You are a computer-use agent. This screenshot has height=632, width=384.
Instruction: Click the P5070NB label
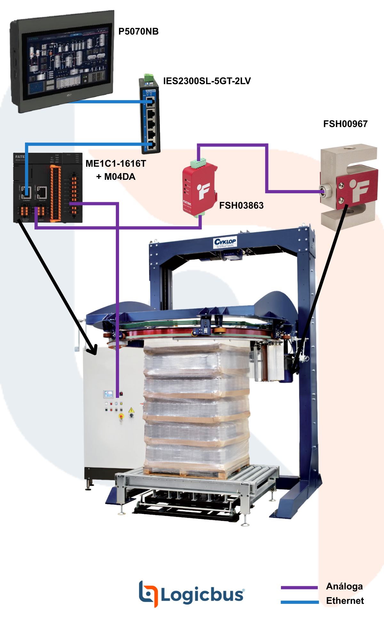click(x=138, y=31)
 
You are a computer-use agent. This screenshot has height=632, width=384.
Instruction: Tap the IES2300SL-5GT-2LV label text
click(x=207, y=81)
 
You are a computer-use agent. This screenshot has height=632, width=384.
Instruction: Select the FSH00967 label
click(x=345, y=124)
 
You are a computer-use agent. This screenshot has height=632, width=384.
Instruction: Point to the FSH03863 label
click(x=241, y=205)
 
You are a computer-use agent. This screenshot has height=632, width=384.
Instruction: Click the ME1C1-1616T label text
click(x=116, y=164)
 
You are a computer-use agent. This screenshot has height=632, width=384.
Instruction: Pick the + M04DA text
click(x=116, y=177)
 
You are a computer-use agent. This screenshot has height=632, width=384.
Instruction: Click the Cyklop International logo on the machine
click(x=225, y=242)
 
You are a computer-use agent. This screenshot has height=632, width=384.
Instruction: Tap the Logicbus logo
click(x=191, y=594)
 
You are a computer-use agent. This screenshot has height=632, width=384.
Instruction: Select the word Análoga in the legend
click(x=344, y=586)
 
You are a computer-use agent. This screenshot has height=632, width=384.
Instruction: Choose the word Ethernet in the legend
click(x=345, y=601)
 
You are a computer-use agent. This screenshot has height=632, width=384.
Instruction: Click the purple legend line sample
click(x=299, y=588)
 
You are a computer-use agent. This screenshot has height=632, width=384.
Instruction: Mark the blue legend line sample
click(x=300, y=602)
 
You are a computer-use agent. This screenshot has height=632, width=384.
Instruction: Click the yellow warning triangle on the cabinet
click(x=131, y=410)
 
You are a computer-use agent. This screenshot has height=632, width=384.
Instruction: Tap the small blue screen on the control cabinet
click(x=108, y=394)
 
